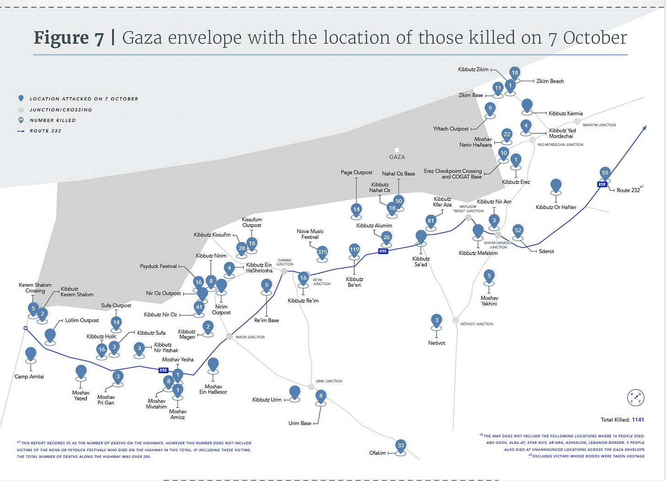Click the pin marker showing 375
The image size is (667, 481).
click(322, 252)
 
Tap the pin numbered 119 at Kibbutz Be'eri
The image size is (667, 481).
click(355, 250)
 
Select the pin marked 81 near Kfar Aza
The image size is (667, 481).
click(431, 221)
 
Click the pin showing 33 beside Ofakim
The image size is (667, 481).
click(401, 445)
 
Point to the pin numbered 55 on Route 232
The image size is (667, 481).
click(605, 173)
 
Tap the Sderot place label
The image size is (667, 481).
click(546, 251)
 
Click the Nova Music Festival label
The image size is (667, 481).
click(310, 234)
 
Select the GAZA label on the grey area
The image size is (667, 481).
click(397, 157)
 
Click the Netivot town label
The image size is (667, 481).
click(437, 343)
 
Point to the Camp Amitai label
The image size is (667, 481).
click(29, 376)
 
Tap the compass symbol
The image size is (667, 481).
click(636, 398)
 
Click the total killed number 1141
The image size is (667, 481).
click(638, 420)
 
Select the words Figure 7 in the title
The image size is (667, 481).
click(69, 38)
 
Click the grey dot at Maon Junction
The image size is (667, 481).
click(229, 337)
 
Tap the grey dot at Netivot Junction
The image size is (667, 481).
click(455, 320)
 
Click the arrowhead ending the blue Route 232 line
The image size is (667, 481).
click(644, 128)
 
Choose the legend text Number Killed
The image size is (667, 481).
click(53, 120)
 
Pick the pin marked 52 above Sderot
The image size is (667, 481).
click(518, 231)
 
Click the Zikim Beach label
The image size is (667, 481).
click(550, 81)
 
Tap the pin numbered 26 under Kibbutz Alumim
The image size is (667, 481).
click(387, 238)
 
